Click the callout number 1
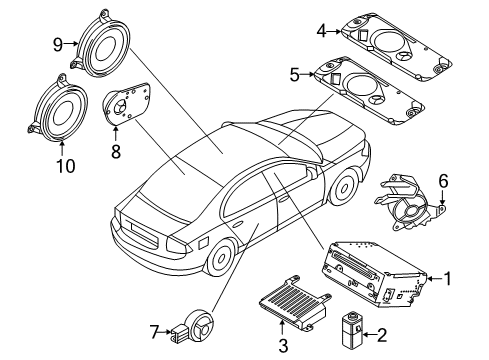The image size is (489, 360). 448,279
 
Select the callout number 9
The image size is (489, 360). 58,43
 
